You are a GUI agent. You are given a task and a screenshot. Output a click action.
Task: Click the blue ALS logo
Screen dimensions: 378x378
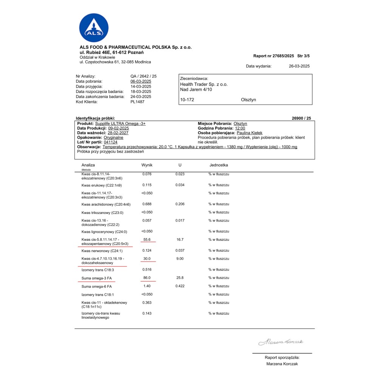pyautogui.click(x=94, y=28)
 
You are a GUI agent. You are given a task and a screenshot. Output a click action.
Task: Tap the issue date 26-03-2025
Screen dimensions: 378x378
pyautogui.click(x=299, y=66)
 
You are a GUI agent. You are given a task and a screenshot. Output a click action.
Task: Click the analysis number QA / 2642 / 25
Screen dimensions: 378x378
pyautogui.click(x=143, y=76)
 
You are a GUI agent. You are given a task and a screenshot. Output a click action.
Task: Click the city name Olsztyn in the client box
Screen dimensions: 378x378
pyautogui.click(x=248, y=100)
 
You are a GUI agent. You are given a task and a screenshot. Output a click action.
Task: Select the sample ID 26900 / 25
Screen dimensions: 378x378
pyautogui.click(x=301, y=118)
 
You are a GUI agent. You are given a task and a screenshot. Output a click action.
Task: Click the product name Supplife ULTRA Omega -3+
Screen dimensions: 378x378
pyautogui.click(x=120, y=124)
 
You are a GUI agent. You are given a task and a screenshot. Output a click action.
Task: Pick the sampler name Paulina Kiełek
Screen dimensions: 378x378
pyautogui.click(x=251, y=133)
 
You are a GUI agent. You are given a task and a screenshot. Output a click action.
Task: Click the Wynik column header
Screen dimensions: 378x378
pyautogui.click(x=147, y=165)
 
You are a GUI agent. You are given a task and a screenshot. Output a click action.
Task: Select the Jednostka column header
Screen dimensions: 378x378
pyautogui.click(x=218, y=165)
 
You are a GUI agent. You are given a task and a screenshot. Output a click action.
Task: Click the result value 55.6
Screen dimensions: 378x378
pyautogui.click(x=147, y=240)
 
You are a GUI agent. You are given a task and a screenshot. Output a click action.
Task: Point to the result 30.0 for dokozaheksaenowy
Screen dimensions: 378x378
pyautogui.click(x=147, y=259)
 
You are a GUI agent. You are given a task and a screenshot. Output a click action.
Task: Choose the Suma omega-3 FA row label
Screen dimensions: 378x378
pyautogui.click(x=97, y=278)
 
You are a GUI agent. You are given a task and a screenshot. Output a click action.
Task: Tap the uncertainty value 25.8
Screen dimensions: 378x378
pyautogui.click(x=180, y=278)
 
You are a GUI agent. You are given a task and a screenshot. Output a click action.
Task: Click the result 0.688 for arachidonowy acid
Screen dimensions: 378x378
pyautogui.click(x=147, y=204)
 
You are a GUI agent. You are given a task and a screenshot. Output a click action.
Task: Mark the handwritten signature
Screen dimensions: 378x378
pyautogui.click(x=280, y=342)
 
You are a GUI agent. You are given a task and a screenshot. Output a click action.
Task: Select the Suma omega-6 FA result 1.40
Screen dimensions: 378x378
pyautogui.click(x=147, y=286)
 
